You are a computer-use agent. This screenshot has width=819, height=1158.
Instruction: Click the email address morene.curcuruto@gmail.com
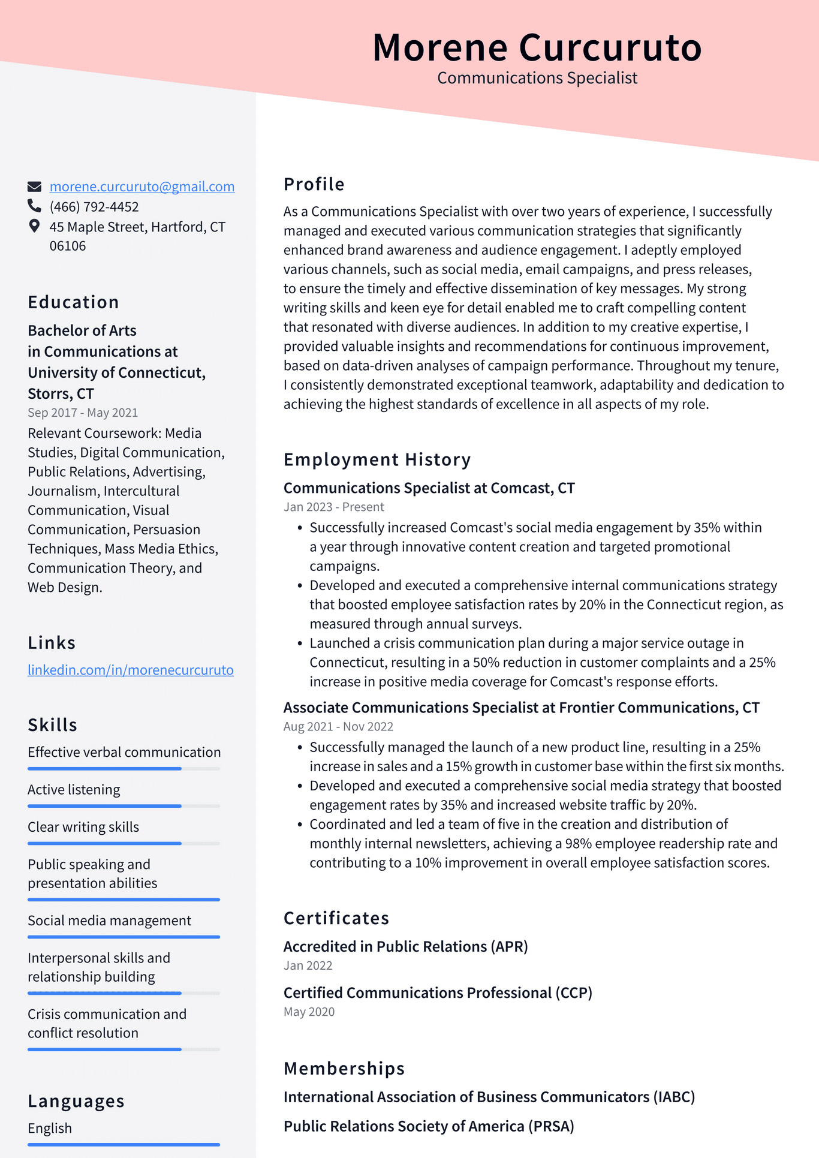(142, 187)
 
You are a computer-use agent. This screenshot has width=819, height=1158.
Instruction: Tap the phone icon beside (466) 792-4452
(34, 206)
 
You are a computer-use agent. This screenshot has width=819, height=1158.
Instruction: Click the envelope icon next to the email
(34, 187)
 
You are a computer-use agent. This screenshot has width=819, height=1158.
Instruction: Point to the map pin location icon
(34, 226)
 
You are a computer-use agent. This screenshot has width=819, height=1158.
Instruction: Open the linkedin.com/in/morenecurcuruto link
(131, 670)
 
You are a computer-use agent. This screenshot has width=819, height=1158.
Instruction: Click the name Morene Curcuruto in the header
(537, 47)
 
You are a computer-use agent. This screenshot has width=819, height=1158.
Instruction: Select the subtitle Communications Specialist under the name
(537, 78)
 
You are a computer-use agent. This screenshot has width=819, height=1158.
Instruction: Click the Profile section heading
(314, 184)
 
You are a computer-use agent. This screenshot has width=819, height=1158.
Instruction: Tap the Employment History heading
(377, 459)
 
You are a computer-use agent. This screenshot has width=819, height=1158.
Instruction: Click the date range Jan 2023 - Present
(333, 507)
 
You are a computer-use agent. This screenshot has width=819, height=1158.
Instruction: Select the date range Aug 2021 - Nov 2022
(338, 726)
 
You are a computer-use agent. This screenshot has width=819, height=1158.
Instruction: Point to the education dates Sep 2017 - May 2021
(83, 413)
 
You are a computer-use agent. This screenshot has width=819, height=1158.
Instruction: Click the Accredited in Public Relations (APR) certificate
(405, 946)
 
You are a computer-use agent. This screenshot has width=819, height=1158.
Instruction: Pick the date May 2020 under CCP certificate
(309, 1012)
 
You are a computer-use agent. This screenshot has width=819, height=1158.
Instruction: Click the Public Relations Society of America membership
(429, 1126)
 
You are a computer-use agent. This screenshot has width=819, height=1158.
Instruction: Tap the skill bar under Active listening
(124, 806)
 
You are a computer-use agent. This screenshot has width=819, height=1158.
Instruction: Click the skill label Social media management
(109, 921)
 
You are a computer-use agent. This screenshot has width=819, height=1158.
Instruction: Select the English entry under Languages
(50, 1128)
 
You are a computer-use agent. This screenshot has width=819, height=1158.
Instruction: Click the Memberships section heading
(344, 1069)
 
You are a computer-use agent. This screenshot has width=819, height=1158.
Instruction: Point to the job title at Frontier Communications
(521, 708)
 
